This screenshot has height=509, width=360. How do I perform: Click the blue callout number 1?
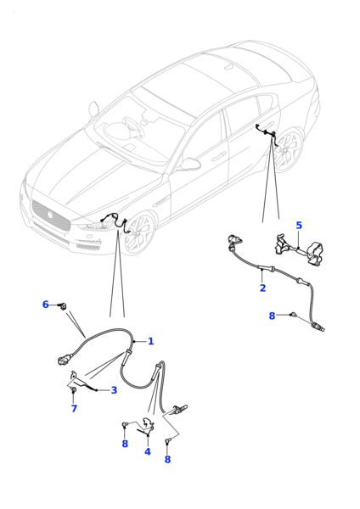pyautogui.click(x=151, y=341)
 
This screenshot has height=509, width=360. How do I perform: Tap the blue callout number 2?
pyautogui.click(x=262, y=288)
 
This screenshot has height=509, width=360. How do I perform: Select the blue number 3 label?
pyautogui.click(x=114, y=390)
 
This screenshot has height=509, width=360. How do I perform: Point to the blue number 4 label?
pyautogui.click(x=148, y=451)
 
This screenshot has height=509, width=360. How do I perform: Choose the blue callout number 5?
pyautogui.click(x=299, y=226)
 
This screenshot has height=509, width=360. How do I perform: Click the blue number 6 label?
pyautogui.click(x=46, y=305)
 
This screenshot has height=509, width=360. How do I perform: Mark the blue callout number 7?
pyautogui.click(x=74, y=408)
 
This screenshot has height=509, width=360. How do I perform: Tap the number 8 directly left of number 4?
pyautogui.click(x=125, y=444)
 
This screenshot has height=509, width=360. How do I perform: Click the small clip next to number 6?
pyautogui.click(x=62, y=305)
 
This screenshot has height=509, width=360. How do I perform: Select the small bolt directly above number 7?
pyautogui.click(x=73, y=389)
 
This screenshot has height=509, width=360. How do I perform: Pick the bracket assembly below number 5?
pyautogui.click(x=300, y=250)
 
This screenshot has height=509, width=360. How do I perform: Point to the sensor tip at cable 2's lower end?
pyautogui.click(x=318, y=327)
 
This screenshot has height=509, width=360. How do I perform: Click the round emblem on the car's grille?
pyautogui.click(x=50, y=215)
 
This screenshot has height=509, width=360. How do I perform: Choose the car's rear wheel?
pyautogui.click(x=289, y=150)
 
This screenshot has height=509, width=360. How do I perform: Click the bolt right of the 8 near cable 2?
pyautogui.click(x=293, y=314)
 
